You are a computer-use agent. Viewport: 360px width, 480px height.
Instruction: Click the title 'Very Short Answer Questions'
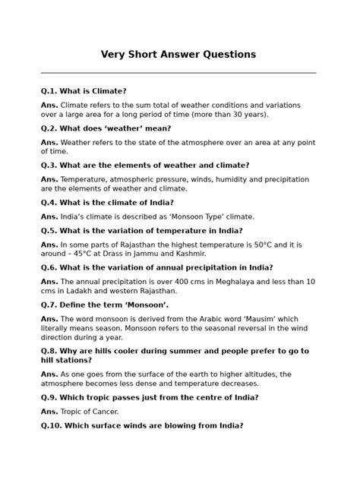click(179, 55)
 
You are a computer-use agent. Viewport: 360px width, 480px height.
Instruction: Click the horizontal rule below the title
click(179, 73)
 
